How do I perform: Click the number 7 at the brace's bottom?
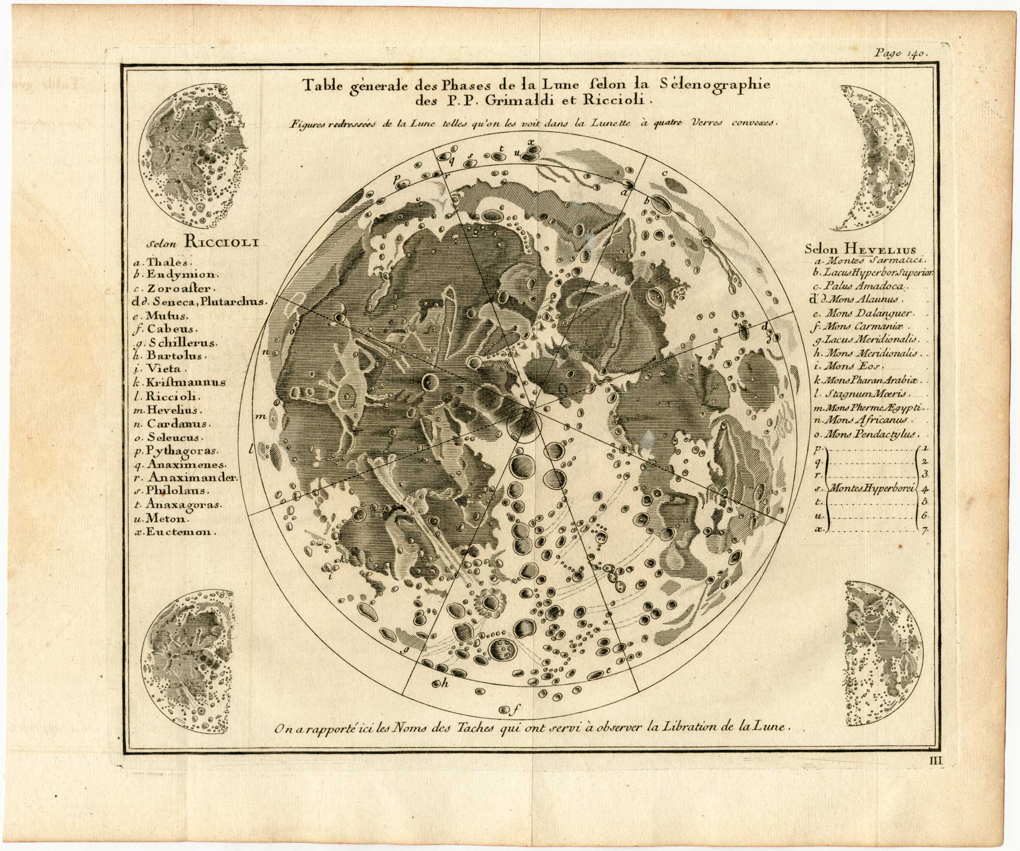pyautogui.click(x=924, y=531)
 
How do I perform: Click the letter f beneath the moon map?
pyautogui.click(x=516, y=709)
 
